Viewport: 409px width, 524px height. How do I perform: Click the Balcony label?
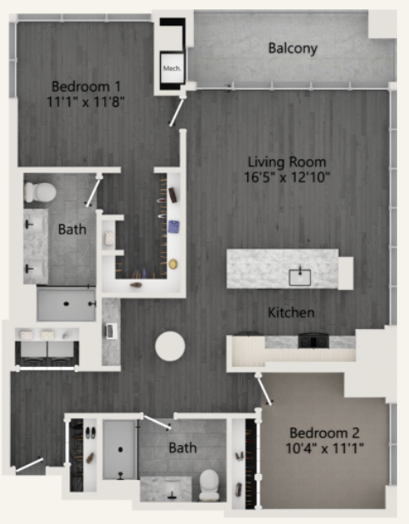tap(292, 48)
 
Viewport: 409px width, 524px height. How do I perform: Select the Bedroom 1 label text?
tap(86, 86)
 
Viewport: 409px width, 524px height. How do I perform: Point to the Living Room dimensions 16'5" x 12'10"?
tap(288, 177)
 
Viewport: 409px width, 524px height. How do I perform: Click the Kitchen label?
tap(291, 313)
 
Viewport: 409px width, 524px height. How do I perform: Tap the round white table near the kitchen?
tap(169, 346)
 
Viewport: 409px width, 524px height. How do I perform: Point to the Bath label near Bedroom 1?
tap(72, 229)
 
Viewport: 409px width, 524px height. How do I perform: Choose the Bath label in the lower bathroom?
tap(182, 446)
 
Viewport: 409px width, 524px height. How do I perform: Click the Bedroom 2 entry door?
tap(266, 390)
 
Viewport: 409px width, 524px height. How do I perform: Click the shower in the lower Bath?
tap(119, 449)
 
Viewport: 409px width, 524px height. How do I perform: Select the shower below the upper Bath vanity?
tap(66, 303)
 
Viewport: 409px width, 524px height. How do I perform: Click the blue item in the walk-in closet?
tap(173, 226)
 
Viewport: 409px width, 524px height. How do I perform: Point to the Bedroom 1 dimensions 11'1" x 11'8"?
tap(86, 102)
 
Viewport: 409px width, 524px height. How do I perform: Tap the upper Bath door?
tap(92, 190)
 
